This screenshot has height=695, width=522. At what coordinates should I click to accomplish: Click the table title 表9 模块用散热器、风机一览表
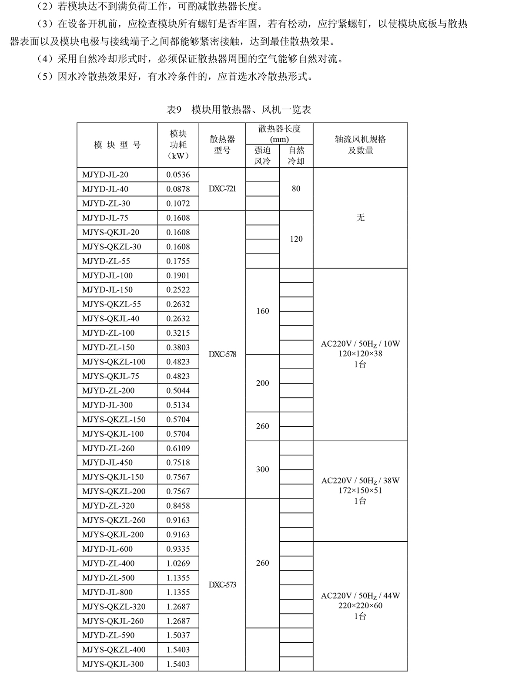[239, 109]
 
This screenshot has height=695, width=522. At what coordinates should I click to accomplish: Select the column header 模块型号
[117, 145]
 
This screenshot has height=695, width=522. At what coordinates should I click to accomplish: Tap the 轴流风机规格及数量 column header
[360, 145]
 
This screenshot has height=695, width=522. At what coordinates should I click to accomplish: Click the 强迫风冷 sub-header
[262, 155]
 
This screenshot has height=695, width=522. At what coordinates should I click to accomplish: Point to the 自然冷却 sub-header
[296, 155]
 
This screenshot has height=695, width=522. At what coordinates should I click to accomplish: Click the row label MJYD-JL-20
[105, 175]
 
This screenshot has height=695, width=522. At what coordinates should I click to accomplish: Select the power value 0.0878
[178, 189]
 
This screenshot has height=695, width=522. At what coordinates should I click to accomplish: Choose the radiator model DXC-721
[222, 189]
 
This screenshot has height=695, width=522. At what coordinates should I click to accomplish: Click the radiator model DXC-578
[222, 354]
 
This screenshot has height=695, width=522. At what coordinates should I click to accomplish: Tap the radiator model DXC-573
[222, 584]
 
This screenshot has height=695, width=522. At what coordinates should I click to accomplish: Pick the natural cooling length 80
[296, 189]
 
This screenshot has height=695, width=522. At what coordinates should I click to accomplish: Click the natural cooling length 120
[296, 239]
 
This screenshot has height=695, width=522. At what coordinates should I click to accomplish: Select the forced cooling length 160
[262, 311]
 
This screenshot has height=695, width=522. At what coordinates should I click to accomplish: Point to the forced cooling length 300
[262, 469]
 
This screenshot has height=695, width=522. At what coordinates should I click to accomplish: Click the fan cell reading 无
[360, 217]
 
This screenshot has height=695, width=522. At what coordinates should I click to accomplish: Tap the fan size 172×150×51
[360, 490]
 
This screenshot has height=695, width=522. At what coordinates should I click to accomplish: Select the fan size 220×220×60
[360, 605]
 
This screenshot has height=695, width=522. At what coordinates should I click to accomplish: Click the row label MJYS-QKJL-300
[113, 664]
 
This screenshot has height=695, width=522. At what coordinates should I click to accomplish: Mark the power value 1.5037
[178, 635]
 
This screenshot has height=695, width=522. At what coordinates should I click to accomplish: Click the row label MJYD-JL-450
[107, 462]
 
